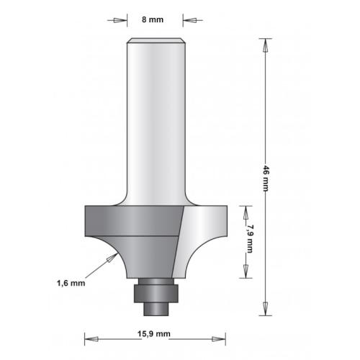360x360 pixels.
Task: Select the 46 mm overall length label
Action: point(266,176)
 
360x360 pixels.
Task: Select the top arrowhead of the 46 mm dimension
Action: point(266,44)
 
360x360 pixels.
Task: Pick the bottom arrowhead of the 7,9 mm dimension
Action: point(246,271)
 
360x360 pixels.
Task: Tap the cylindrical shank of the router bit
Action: point(156,122)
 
